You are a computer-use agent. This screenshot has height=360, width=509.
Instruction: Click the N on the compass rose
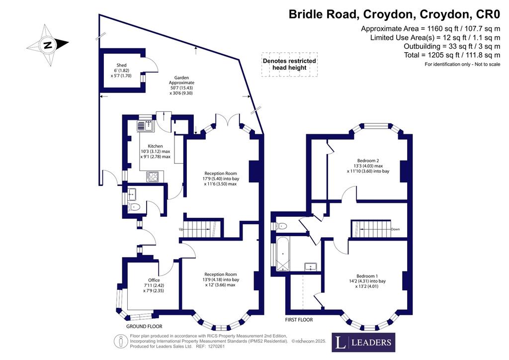[x=48, y=44]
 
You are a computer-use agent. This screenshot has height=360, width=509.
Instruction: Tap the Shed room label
[x=121, y=65]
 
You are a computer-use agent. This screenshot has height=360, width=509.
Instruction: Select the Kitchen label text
[x=155, y=146]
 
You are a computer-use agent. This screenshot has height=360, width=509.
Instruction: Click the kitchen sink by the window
[x=146, y=126]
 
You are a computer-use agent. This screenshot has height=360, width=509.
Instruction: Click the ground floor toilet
[x=134, y=207]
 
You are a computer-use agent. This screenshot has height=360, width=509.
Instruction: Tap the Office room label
[x=154, y=280]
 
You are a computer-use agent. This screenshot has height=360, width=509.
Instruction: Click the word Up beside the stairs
[x=181, y=229]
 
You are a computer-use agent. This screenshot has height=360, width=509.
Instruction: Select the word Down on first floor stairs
[x=395, y=229]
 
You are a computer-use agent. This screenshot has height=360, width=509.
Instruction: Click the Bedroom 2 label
[x=368, y=161]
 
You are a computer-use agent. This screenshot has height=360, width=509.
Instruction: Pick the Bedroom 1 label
[x=367, y=276]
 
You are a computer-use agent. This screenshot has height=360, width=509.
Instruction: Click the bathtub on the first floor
[x=282, y=254]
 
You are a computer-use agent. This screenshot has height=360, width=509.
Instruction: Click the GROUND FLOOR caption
[x=144, y=326]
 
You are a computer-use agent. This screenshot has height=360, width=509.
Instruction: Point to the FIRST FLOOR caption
[x=299, y=320]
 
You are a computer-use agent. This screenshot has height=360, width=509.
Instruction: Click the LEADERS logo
[x=363, y=342]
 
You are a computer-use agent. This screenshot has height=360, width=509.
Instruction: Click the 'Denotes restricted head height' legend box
[x=290, y=64]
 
